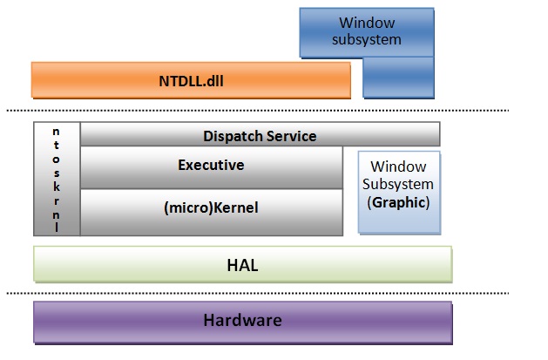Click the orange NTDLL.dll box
191,80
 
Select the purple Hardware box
242,321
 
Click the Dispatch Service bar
260,136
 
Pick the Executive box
211,165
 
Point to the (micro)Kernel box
211,208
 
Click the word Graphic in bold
398,202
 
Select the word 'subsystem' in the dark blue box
366,39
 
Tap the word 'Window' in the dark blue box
366,23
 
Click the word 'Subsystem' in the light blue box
398,184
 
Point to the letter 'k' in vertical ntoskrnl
57,187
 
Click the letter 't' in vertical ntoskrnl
57,146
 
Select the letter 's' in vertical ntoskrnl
57,173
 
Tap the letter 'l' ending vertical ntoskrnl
57,228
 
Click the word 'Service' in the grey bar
288,136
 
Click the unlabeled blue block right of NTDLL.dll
397,77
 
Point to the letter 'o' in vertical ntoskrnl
57,160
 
